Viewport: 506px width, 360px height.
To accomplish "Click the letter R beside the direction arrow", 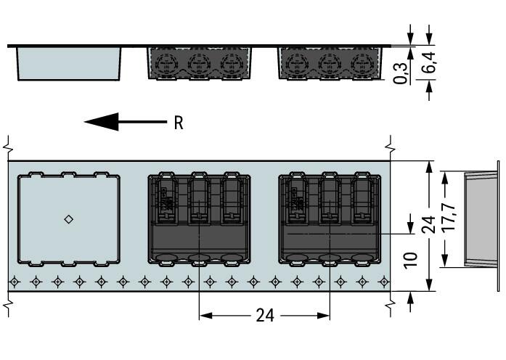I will tap(179, 123).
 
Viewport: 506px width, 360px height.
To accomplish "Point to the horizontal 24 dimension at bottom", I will tap(265, 316).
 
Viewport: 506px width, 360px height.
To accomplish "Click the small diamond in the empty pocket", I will tap(69, 219).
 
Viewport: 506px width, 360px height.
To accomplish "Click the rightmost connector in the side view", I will tap(330, 63).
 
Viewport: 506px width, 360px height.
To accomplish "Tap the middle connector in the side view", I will tap(200, 63).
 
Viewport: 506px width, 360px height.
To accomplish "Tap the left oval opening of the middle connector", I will tap(166, 256).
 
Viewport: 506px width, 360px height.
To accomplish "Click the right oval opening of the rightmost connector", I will tap(362, 256).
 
